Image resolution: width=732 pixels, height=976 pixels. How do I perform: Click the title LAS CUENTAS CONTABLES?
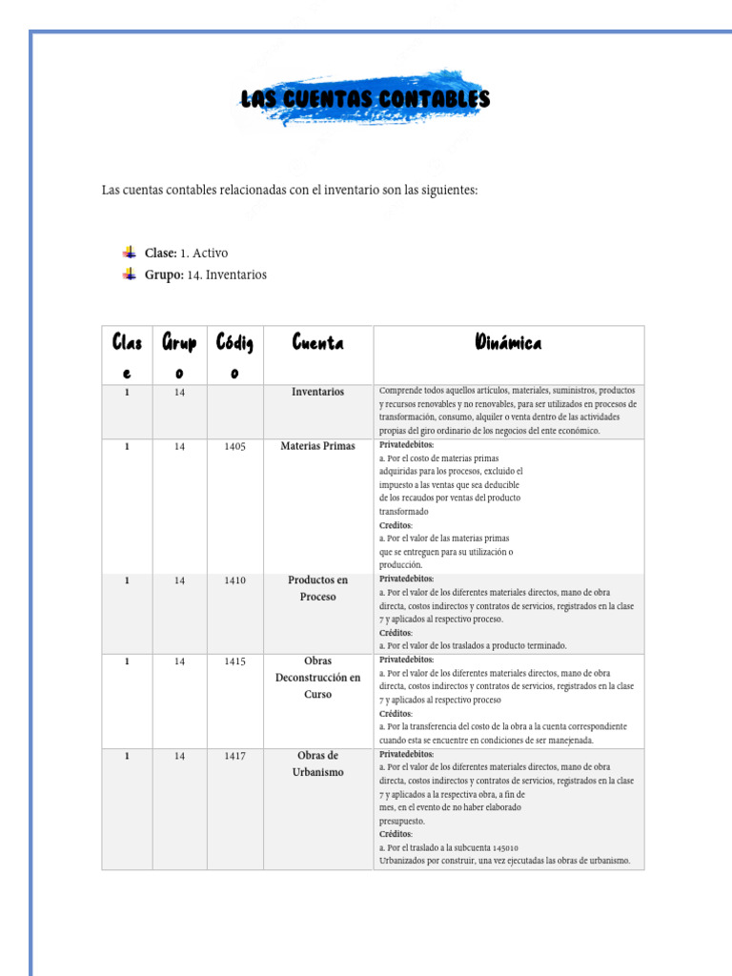click(365, 99)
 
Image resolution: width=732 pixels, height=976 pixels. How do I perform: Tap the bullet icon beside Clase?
click(129, 253)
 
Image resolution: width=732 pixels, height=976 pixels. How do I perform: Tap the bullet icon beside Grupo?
click(129, 274)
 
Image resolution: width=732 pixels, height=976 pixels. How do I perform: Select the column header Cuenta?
click(317, 342)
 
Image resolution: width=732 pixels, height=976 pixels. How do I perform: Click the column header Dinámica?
click(508, 342)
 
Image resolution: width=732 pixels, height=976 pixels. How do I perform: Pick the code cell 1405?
click(234, 446)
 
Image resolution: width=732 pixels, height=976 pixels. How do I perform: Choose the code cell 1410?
click(234, 580)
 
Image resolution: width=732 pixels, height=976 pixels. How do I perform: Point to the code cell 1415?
click(234, 661)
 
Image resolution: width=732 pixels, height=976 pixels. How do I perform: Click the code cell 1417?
click(234, 757)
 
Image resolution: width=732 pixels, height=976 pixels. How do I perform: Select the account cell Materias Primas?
click(317, 446)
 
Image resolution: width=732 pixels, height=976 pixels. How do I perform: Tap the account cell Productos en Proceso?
click(317, 588)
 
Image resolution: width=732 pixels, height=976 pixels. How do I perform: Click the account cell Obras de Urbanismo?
click(317, 763)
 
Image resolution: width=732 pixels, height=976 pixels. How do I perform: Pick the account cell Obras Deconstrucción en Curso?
click(317, 677)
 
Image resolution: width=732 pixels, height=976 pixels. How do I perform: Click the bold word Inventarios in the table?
click(317, 392)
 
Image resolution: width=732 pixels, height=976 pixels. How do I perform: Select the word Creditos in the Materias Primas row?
click(396, 525)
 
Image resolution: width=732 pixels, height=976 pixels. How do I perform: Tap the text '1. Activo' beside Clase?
click(204, 254)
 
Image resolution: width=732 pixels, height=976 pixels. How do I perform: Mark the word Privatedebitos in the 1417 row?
click(406, 754)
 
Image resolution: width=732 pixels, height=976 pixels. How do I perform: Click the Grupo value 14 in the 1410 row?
click(180, 580)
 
